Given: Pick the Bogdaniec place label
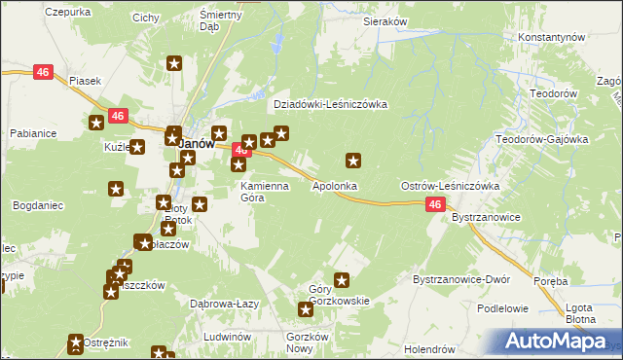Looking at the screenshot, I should coord(39,206).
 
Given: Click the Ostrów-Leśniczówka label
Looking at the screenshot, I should coord(450,185).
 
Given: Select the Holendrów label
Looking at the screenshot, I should coord(430,348).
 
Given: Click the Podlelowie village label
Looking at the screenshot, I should coord(501,307).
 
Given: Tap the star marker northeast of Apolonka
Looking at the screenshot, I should coord(353,160).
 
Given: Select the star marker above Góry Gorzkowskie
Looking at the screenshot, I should coord(342,280).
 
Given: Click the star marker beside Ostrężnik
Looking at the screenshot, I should coord(76,342).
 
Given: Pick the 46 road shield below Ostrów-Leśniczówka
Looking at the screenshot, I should coord(435,204).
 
